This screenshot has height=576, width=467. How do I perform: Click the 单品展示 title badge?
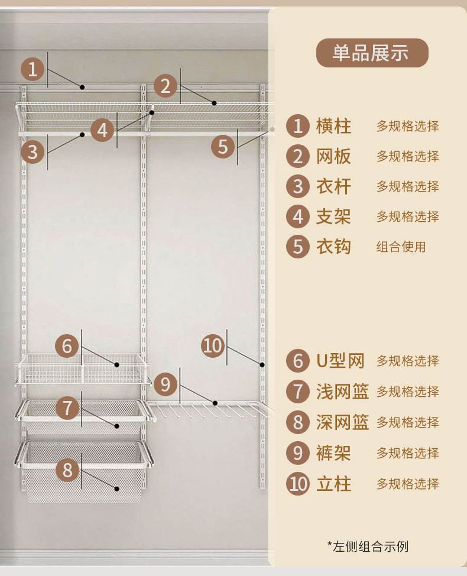pyautogui.click(x=371, y=53)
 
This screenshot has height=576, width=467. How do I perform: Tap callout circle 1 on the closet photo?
pyautogui.click(x=33, y=69)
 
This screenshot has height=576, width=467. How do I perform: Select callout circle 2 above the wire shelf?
pyautogui.click(x=166, y=86)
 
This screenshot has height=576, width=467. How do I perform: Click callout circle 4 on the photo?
pyautogui.click(x=103, y=130)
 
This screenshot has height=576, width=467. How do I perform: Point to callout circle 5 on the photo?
pyautogui.click(x=223, y=146)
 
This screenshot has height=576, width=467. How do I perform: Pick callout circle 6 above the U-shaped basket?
pyautogui.click(x=67, y=345)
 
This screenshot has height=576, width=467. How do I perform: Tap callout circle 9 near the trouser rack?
pyautogui.click(x=165, y=385)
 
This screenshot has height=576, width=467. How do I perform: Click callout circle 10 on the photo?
pyautogui.click(x=212, y=345)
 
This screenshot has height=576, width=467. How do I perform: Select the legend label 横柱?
pyautogui.click(x=333, y=126)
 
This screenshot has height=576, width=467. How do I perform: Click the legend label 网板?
pyautogui.click(x=333, y=156)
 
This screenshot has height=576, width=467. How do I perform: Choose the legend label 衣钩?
pyautogui.click(x=333, y=247)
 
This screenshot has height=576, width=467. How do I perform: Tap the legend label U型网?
pyautogui.click(x=340, y=361)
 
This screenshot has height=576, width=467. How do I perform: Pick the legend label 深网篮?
pyautogui.click(x=342, y=422)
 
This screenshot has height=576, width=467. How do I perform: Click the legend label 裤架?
pyautogui.click(x=333, y=453)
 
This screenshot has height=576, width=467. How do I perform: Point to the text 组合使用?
pyautogui.click(x=401, y=247)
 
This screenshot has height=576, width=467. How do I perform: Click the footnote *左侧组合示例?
pyautogui.click(x=367, y=546)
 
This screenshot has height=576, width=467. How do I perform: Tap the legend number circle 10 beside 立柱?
pyautogui.click(x=298, y=484)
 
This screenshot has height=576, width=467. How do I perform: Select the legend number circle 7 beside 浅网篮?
pyautogui.click(x=298, y=391)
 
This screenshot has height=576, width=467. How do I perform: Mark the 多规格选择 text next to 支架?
pyautogui.click(x=408, y=216)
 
